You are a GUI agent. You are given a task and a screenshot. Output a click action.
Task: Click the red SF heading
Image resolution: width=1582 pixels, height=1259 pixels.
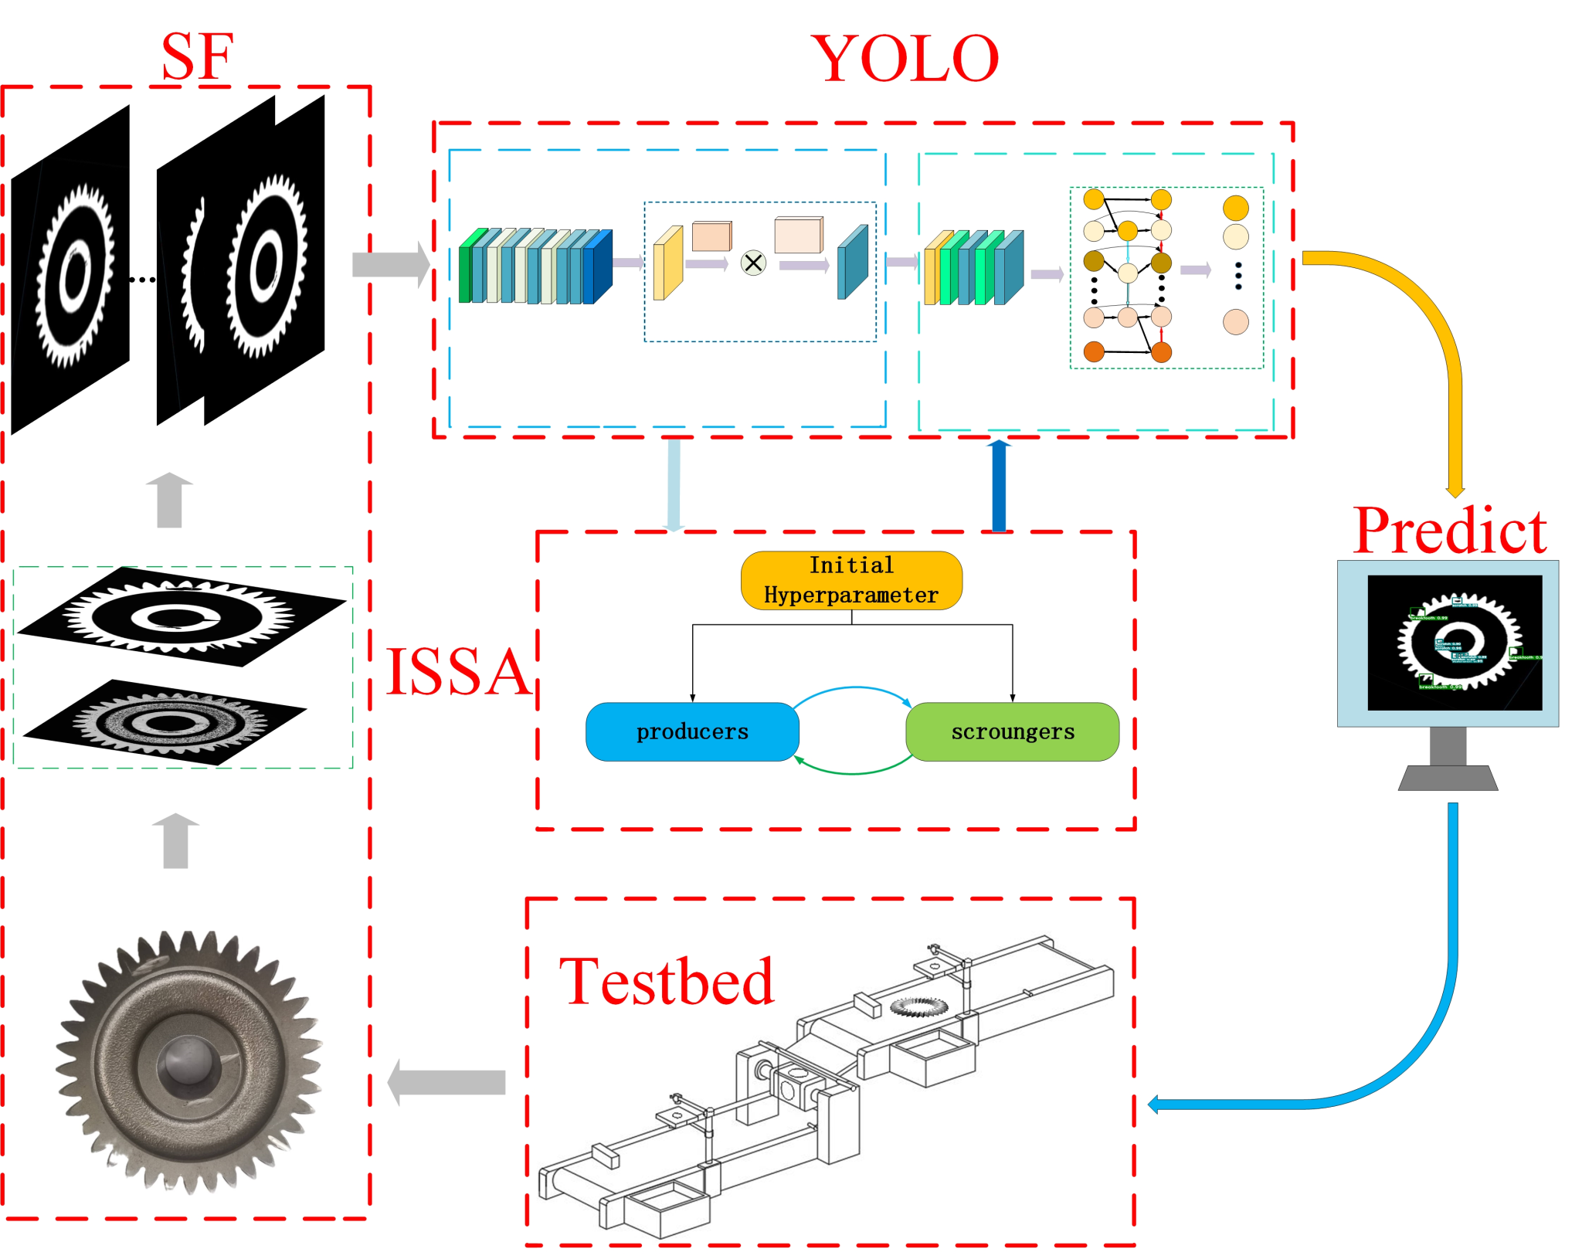197,57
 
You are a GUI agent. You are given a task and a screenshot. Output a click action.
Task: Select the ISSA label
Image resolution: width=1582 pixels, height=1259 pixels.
458,671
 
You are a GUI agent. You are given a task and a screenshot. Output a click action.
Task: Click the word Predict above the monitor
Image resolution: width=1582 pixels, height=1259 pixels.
1449,531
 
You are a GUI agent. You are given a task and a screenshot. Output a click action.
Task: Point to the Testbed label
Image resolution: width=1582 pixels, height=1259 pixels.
666,981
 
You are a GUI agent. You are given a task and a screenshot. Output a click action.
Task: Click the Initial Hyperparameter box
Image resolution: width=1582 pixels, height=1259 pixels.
851,580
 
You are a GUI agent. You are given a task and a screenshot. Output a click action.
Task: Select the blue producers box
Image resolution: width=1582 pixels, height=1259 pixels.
692,731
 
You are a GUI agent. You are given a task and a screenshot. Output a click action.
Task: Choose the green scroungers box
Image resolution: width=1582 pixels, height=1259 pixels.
1012,731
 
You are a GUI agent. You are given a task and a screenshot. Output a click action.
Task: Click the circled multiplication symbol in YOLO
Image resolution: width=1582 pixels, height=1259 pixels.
753,263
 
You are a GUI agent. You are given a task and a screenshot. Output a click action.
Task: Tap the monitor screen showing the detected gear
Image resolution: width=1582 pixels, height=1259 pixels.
1454,643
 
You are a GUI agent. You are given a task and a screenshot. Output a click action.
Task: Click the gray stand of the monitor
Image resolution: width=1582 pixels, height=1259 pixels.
1448,765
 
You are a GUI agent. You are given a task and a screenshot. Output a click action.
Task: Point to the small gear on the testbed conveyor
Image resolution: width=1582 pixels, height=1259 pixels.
918,1006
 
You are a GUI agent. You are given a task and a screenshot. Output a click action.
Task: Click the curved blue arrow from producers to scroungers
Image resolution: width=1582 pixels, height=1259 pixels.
853,687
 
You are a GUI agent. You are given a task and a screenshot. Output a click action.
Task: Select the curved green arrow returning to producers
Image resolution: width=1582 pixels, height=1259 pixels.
853,772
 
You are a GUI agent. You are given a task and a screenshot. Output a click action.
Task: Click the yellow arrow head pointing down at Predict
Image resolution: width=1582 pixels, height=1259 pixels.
1455,491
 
